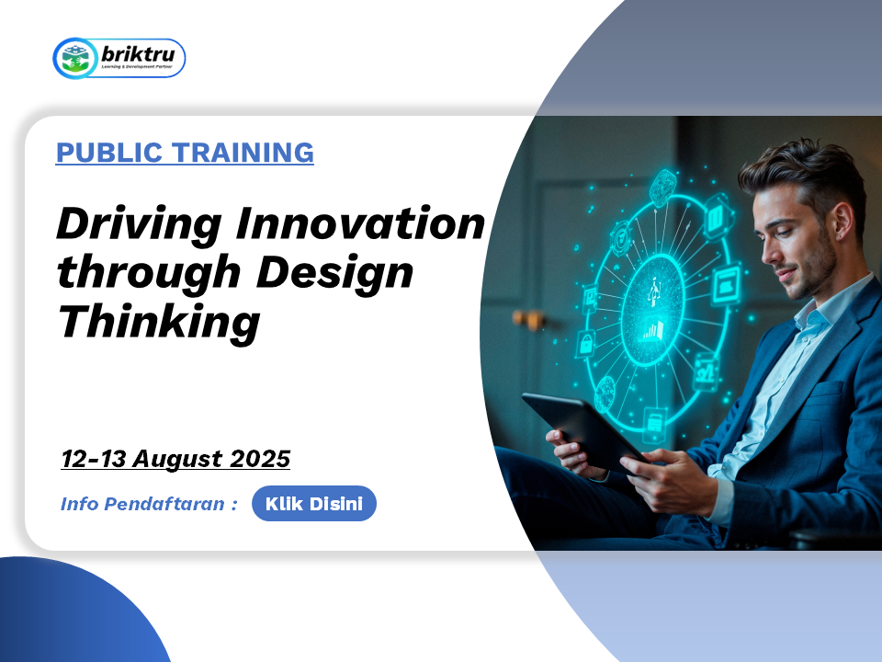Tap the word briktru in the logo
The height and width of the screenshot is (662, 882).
tap(138, 54)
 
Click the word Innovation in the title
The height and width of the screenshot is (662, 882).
tap(360, 223)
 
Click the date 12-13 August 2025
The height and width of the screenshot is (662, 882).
tap(175, 459)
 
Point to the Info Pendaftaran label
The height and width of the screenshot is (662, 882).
tap(149, 503)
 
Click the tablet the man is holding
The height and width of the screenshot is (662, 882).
tap(582, 429)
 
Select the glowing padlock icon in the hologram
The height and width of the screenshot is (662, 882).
tap(586, 343)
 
